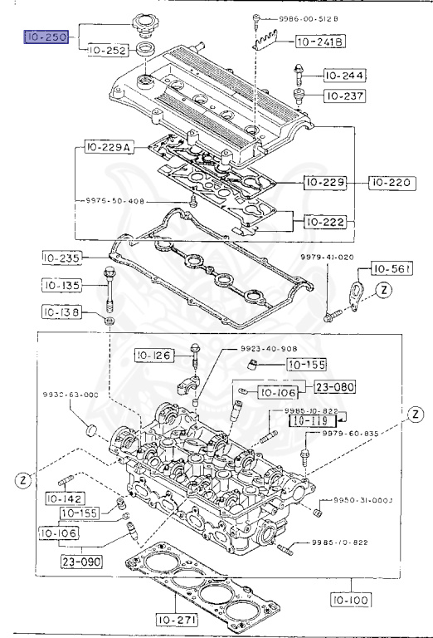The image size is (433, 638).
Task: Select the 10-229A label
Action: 108,149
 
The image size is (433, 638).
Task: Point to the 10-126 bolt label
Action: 154,356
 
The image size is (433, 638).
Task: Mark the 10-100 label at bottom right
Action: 354,596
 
